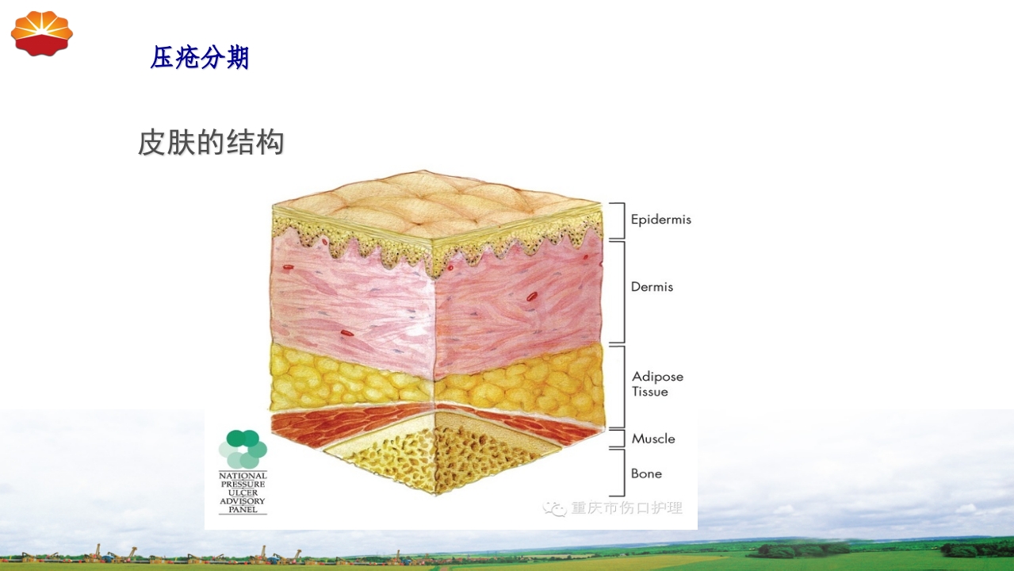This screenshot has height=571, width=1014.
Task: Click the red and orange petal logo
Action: tap(41, 33)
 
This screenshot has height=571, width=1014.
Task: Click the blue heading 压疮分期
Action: tap(200, 58)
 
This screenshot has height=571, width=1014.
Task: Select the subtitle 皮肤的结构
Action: tap(211, 143)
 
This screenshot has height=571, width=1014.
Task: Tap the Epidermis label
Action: tap(660, 220)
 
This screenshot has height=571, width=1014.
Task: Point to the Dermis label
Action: tap(652, 287)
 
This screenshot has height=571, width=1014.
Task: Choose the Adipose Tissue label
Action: tap(657, 384)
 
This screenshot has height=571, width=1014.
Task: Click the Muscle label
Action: tap(653, 439)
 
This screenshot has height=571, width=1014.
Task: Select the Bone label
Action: tap(646, 473)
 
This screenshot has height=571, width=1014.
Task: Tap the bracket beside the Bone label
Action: tap(618, 473)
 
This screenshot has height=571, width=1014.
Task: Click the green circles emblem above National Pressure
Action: tap(243, 449)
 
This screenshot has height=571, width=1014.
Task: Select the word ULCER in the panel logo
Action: tap(243, 492)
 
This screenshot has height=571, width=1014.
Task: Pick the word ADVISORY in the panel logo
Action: tap(243, 500)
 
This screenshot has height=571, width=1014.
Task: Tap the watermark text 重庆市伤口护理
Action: tap(626, 508)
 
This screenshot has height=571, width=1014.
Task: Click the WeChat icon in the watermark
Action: tap(554, 508)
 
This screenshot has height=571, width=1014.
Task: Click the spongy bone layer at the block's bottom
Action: tap(436, 460)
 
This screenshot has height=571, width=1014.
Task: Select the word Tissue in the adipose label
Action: tap(649, 392)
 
